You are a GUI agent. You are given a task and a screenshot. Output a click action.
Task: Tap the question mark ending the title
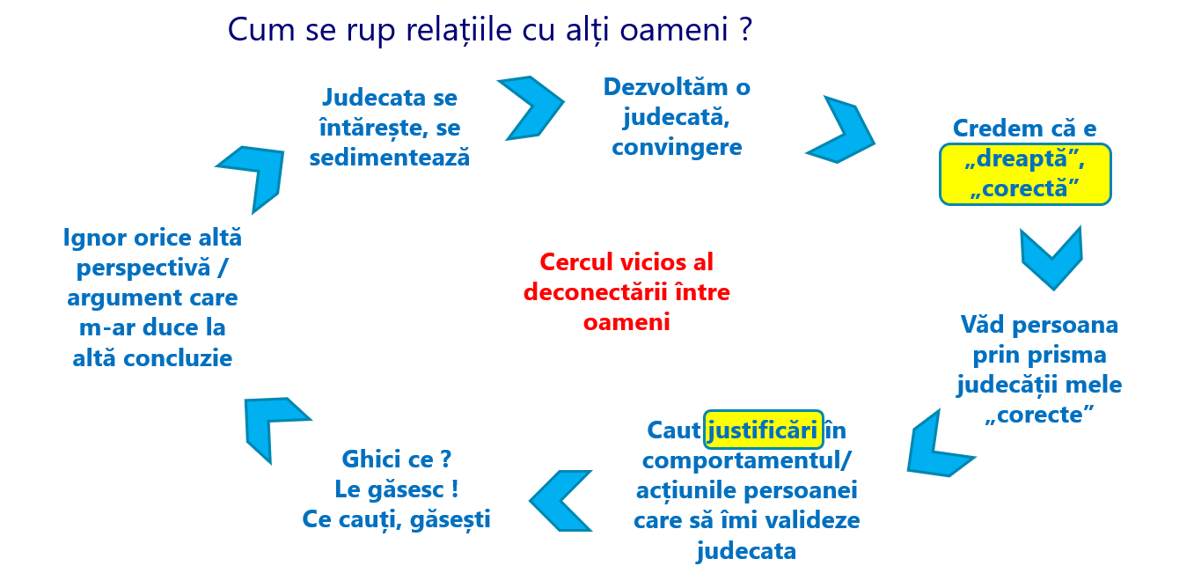(x=746, y=28)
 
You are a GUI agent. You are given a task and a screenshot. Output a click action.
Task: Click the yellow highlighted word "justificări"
(x=763, y=430)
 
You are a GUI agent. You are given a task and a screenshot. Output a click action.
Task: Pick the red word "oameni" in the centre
(x=626, y=322)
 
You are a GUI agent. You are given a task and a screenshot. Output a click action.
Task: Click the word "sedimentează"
(x=390, y=158)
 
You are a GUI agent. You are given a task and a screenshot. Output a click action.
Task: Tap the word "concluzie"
(x=178, y=358)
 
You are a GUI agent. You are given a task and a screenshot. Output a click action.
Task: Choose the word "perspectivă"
(x=143, y=268)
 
